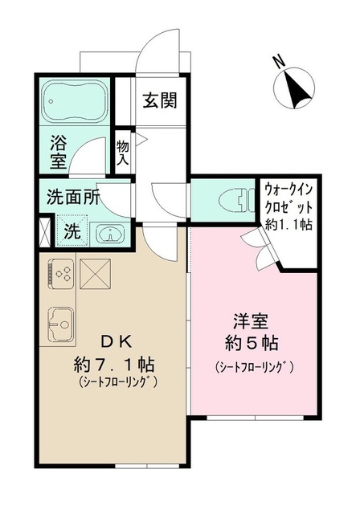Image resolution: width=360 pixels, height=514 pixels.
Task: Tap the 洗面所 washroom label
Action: click(x=73, y=198)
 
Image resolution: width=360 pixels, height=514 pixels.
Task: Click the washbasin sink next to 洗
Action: click(x=108, y=235)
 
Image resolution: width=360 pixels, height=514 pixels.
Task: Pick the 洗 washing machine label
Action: click(x=72, y=234)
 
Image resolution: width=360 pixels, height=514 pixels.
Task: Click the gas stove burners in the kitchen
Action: click(x=61, y=274)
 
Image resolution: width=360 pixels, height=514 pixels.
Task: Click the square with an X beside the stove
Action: click(x=95, y=275)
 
